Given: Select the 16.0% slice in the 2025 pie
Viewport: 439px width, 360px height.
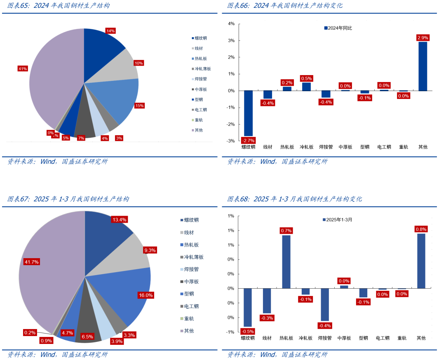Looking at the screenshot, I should [x=124, y=293].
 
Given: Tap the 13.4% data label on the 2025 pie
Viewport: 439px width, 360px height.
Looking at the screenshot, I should [x=119, y=220].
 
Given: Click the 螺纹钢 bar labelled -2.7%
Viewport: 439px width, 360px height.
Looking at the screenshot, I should [x=248, y=113].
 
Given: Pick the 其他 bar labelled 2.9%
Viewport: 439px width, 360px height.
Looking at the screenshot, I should [x=423, y=66].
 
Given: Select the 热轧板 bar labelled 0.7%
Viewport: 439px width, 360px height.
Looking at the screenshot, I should [x=286, y=261].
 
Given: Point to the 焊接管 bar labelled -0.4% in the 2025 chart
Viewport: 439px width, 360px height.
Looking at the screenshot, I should [x=325, y=304].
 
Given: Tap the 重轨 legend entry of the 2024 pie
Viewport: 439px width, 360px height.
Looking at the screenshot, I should [x=198, y=120].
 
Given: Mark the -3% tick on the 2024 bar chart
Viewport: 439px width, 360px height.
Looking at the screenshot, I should [x=231, y=141].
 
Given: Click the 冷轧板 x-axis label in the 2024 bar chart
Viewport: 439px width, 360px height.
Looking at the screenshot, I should [x=306, y=147].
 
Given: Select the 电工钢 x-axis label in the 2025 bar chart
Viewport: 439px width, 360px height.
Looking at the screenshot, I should [x=383, y=338].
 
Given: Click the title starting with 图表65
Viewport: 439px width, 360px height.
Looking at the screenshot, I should [x=58, y=6].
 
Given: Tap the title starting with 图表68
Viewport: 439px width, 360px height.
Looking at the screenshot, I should [x=294, y=199].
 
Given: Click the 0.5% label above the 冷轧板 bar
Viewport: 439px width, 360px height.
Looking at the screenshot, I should [x=306, y=78].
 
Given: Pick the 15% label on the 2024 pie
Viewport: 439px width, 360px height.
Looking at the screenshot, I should [x=139, y=106].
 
